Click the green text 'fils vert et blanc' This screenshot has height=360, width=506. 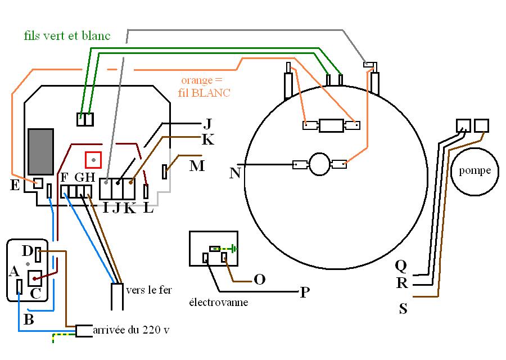coord(67,35)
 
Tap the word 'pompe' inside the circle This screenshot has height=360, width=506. coord(475,171)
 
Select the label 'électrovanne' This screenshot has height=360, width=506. coord(219,302)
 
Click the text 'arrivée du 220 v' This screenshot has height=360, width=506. coord(131,330)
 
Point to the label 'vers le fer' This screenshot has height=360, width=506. coord(149,290)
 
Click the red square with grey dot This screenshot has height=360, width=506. coord(93,160)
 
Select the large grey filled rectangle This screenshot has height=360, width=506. coord(40,152)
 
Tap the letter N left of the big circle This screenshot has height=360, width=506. coord(235,173)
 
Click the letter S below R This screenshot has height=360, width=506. coord(403,309)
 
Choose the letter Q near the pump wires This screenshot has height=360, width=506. coord(401,266)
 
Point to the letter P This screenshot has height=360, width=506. coord(305,292)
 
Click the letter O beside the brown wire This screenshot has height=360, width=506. coord(260,280)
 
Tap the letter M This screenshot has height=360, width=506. coord(197,166)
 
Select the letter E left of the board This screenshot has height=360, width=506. coord(15,185)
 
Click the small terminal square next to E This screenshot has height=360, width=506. coord(38,183)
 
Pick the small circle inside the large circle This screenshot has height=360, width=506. coord(319,164)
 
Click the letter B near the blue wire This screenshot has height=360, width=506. coord(29,319)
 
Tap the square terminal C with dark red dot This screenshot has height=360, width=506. coord(34,278)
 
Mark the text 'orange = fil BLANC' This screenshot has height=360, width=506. coord(204,87)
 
